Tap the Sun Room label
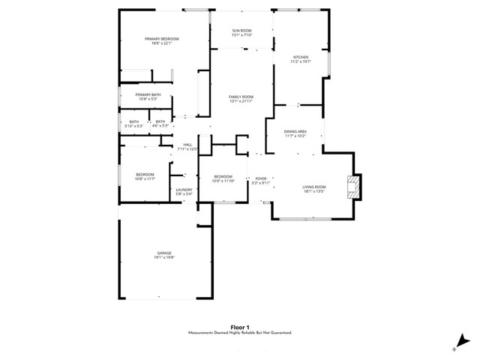(x=241, y=31)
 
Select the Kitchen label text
(x=301, y=57)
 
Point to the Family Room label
(x=241, y=97)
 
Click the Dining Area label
(x=295, y=131)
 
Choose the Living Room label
(x=314, y=187)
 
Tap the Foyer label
(x=260, y=178)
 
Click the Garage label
(x=164, y=253)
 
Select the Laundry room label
(x=184, y=190)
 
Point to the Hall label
(x=187, y=144)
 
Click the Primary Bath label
(x=148, y=94)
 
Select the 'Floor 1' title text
(x=239, y=326)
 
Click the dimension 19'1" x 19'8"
(x=164, y=257)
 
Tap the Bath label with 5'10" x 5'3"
(x=134, y=123)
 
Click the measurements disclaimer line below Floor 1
(x=239, y=332)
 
